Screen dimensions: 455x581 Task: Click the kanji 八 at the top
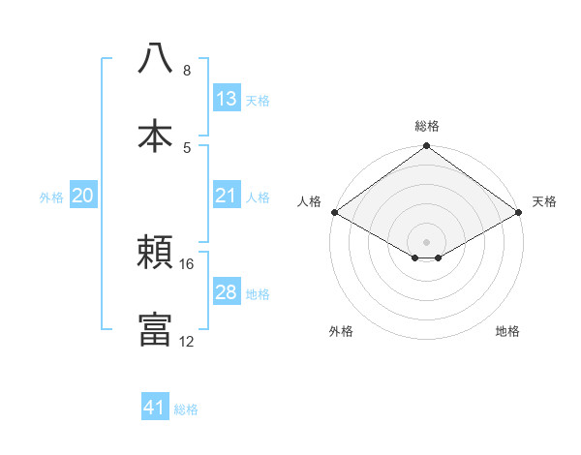[x=156, y=58]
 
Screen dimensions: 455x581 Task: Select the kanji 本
[x=156, y=136]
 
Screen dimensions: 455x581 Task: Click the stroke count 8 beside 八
[x=187, y=71]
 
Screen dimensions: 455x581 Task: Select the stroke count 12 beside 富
[x=187, y=342]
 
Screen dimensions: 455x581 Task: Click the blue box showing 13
[x=227, y=99]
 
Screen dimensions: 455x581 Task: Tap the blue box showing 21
[x=227, y=196]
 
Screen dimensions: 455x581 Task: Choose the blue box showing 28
[x=227, y=292]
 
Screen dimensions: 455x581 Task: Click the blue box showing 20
[x=83, y=196]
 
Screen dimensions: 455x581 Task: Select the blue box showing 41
[x=155, y=408]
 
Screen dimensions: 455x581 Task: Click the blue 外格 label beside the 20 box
[x=51, y=197]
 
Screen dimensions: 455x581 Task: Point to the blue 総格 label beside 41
[x=186, y=409]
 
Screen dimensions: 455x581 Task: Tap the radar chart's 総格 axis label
[x=427, y=126]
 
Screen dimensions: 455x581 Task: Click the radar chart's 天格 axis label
[x=544, y=201]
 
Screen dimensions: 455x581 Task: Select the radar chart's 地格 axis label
[x=507, y=331]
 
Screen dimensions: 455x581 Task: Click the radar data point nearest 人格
[x=334, y=212]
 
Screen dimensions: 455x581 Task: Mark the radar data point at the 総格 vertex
[x=427, y=146]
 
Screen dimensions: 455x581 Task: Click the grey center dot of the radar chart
[x=427, y=241]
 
